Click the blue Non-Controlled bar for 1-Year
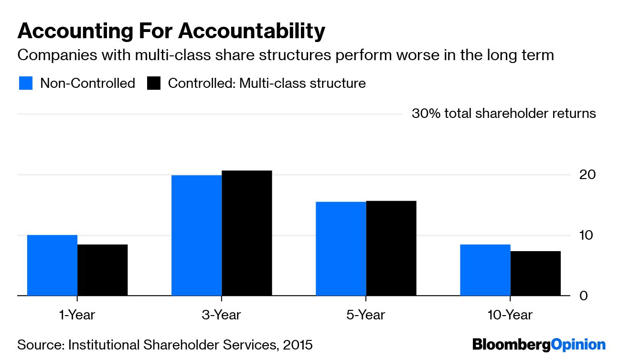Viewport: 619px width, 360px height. [52, 265]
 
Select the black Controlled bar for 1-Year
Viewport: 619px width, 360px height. [102, 270]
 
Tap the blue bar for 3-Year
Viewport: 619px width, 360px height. [196, 235]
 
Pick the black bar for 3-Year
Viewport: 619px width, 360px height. [246, 233]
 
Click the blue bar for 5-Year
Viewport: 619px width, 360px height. [341, 249]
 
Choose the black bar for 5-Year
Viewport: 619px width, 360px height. [391, 248]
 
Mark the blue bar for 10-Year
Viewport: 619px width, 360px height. [485, 270]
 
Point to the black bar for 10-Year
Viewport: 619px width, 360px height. [535, 273]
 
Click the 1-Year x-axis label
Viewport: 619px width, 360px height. [77, 315]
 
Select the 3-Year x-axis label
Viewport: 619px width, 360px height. [222, 315]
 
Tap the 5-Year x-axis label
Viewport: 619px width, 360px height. [366, 315]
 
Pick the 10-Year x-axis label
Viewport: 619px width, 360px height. [510, 315]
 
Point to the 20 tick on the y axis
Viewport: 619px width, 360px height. [587, 175]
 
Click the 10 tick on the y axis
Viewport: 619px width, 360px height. [587, 235]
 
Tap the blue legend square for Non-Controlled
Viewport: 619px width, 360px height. [25, 84]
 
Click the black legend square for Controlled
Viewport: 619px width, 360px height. [154, 84]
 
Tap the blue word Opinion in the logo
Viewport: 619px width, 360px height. [578, 345]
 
